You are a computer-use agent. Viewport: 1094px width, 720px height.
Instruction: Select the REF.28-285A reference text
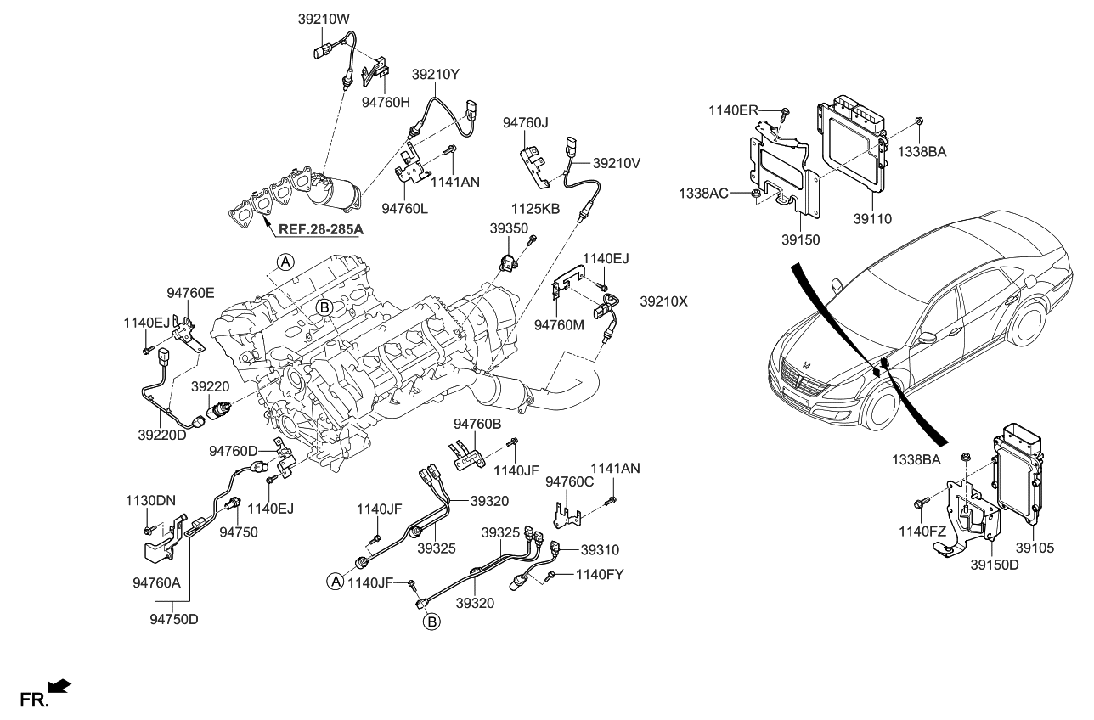click(x=314, y=228)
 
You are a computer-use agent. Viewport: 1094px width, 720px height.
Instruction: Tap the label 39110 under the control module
click(x=872, y=218)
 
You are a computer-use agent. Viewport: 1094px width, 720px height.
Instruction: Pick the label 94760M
click(x=560, y=324)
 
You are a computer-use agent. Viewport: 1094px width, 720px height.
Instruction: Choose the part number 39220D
click(x=162, y=435)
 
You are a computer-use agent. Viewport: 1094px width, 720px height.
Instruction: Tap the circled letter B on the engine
click(x=324, y=307)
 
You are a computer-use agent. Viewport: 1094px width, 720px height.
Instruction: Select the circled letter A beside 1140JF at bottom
click(x=335, y=582)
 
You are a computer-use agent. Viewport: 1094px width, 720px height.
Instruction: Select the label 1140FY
click(x=600, y=575)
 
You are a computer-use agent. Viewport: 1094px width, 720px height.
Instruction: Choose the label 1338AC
click(x=703, y=194)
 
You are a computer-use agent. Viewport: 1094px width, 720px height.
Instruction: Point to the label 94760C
click(x=568, y=481)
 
